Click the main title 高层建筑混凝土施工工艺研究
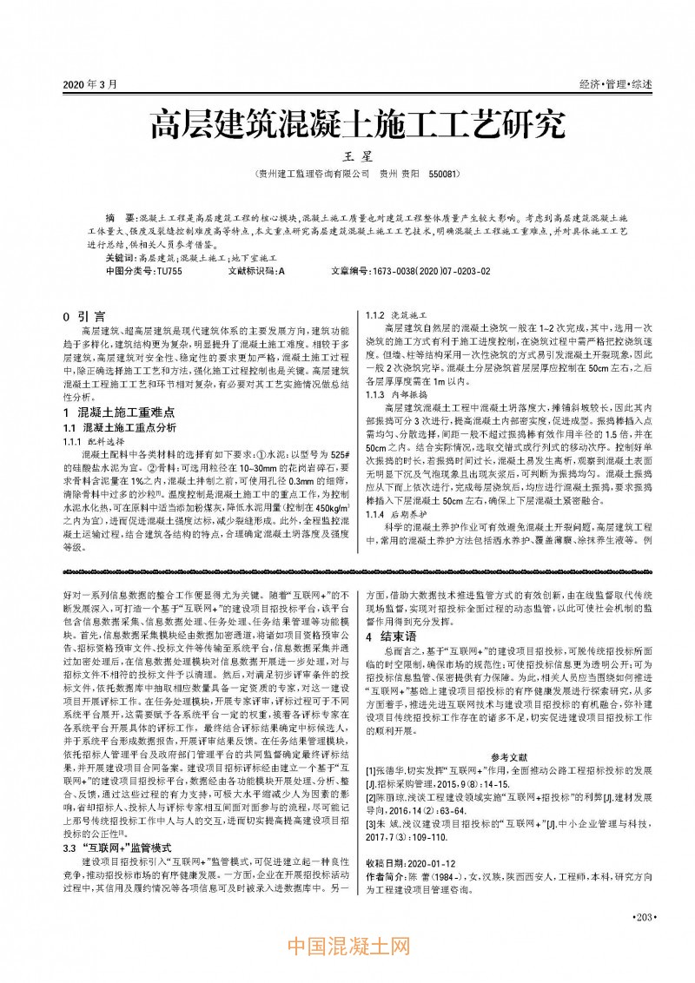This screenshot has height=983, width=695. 347,126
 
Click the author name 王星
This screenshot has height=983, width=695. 347,157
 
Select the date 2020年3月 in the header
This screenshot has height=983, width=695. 89,83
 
